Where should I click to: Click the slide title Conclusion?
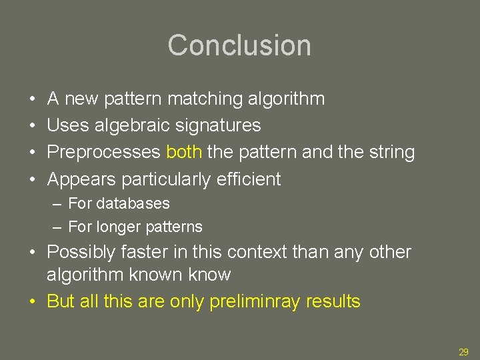(x=239, y=45)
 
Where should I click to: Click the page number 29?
(x=463, y=352)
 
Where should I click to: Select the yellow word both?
(x=185, y=152)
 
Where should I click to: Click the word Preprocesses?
(x=104, y=152)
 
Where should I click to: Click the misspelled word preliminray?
(x=255, y=301)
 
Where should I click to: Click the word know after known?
(x=209, y=275)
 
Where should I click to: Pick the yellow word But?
(x=61, y=301)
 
